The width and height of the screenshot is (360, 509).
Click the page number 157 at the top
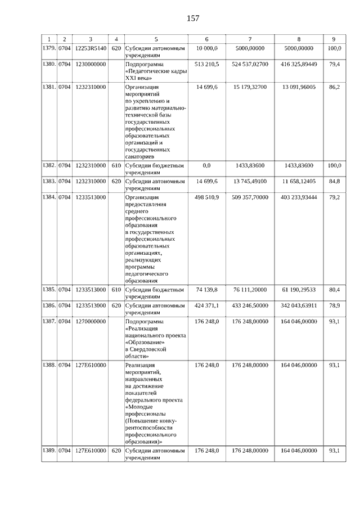[x=193, y=18]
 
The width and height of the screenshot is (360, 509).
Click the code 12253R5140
[x=91, y=49]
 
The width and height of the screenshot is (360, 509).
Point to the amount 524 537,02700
[x=250, y=65]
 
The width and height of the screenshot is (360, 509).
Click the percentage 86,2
[x=334, y=88]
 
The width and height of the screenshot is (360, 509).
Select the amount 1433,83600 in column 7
[x=250, y=166]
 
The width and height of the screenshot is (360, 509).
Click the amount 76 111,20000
[x=250, y=290]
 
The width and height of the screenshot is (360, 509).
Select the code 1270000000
[x=91, y=322]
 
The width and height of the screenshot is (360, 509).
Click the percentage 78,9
[x=334, y=305]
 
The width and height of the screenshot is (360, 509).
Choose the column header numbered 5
[x=156, y=39]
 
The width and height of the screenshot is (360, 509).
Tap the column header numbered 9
[x=334, y=39]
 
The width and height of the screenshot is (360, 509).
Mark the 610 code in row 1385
[x=116, y=290]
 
